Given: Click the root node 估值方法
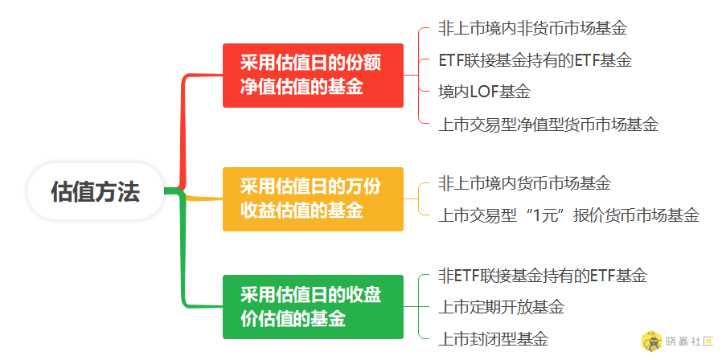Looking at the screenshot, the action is coord(96,191).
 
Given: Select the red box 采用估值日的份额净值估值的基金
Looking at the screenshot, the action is coord(313,76).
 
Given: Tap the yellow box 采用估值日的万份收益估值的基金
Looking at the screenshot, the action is coord(313,198).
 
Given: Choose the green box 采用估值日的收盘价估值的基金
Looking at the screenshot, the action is coord(313,307).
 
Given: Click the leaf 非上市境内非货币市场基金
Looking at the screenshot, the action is coord(533,29).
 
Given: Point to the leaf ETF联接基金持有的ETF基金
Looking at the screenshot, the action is coord(535,60).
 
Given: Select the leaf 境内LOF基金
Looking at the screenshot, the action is coord(484,92).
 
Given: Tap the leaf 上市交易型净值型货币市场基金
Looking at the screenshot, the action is coord(548,125).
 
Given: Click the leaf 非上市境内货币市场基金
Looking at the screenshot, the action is coord(524,183).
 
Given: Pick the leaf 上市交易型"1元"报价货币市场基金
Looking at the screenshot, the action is coord(568,215).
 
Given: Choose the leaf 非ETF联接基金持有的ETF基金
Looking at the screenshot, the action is coord(543,276).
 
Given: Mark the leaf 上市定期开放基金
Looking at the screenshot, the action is coord(502,307).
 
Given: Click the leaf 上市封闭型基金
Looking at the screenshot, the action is coord(493,339).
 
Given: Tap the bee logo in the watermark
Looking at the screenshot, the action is coord(652,342).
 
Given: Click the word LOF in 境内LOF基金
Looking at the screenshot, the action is coord(484,92).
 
